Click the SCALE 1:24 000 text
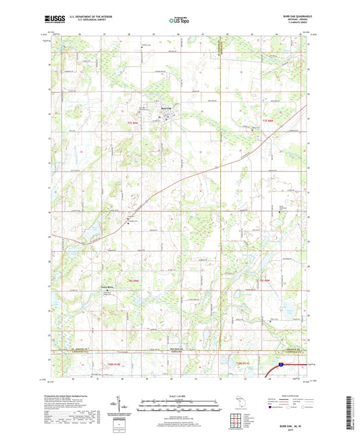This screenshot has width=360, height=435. pos(180,395)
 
